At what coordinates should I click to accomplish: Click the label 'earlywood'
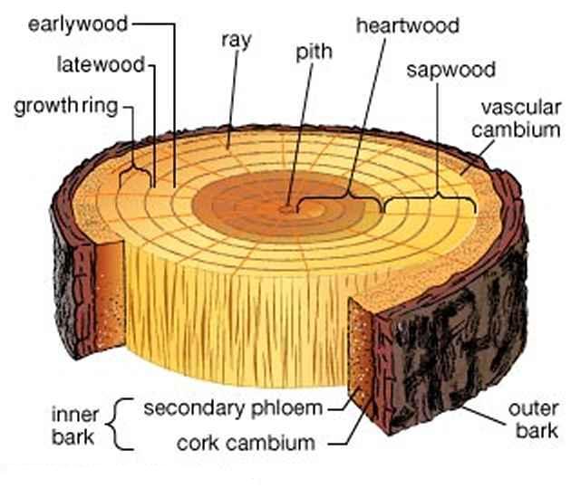coord(78,25)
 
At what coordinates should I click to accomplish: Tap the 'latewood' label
coord(102,65)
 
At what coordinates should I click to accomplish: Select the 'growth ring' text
coord(66,107)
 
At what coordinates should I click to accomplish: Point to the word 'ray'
coord(237,41)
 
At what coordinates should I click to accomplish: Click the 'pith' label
coord(314,53)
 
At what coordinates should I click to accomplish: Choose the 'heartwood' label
coord(408,26)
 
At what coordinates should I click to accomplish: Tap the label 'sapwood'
coord(450,71)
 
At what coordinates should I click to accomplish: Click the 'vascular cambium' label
coord(517,119)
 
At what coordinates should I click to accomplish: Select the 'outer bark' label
coord(534,420)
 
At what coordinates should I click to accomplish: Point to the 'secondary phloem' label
coord(234,409)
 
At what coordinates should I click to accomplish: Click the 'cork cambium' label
coord(247,444)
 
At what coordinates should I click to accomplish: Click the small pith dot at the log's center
coord(286,209)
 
